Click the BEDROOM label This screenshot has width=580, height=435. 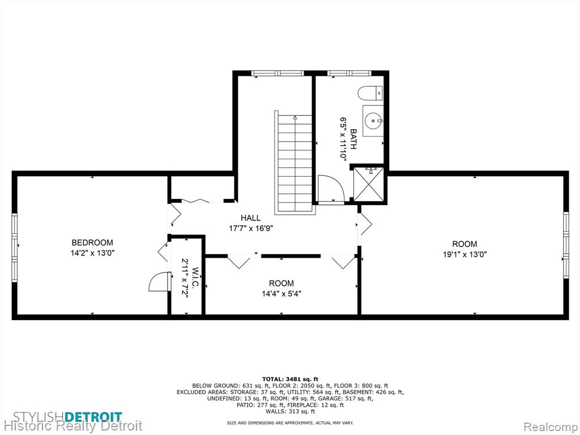(x=92, y=242)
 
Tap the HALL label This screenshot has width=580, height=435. (x=250, y=218)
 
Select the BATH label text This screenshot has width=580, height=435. (x=353, y=139)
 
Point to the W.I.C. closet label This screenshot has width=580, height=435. (x=195, y=278)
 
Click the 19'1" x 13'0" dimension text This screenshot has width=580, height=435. (x=464, y=254)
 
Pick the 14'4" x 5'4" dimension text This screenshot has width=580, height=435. (x=281, y=294)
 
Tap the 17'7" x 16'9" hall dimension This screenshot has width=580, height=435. (x=251, y=228)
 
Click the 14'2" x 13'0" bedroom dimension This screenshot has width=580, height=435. (x=92, y=253)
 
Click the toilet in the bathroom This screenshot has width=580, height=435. (x=370, y=93)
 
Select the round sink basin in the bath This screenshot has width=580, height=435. (x=373, y=120)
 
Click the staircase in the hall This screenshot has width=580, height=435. (x=295, y=163)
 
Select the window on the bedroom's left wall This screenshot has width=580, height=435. (x=15, y=248)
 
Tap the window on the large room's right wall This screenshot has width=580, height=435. (x=566, y=245)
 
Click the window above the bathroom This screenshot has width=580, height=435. (x=349, y=73)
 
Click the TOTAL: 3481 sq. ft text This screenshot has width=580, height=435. (x=290, y=379)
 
